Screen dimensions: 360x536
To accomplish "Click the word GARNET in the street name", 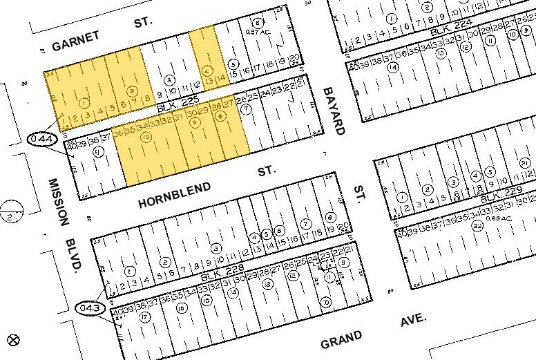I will (x=72, y=46).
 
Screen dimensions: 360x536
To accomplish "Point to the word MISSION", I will (x=59, y=201).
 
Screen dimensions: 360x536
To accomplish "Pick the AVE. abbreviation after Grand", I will (x=413, y=321).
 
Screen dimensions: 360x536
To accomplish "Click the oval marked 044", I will (x=42, y=140).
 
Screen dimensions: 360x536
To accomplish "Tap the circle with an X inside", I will (x=12, y=339).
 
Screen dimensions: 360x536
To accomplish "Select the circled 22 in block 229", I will (x=477, y=225).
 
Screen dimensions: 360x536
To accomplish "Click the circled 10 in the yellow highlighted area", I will (x=146, y=138).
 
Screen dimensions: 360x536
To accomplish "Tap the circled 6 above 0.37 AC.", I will (x=257, y=22).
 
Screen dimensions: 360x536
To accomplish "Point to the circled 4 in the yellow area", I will (x=207, y=70).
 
